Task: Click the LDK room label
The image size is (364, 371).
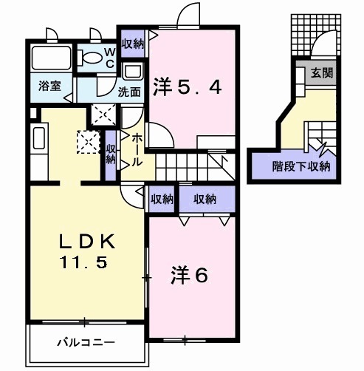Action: pyautogui.click(x=86, y=242)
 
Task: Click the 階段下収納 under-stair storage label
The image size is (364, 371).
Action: pyautogui.click(x=301, y=165)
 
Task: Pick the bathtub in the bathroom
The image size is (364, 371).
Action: pyautogui.click(x=52, y=58)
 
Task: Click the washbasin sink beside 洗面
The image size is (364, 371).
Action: pyautogui.click(x=134, y=72)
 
